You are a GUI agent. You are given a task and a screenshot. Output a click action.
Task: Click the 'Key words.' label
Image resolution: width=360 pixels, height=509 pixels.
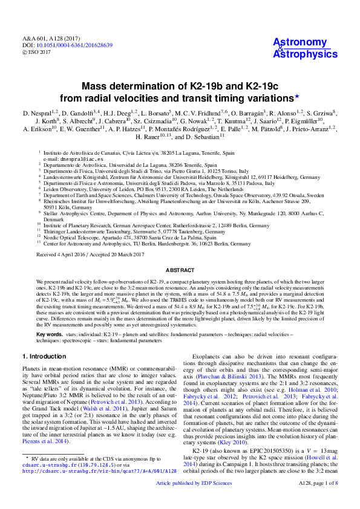(49, 334)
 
